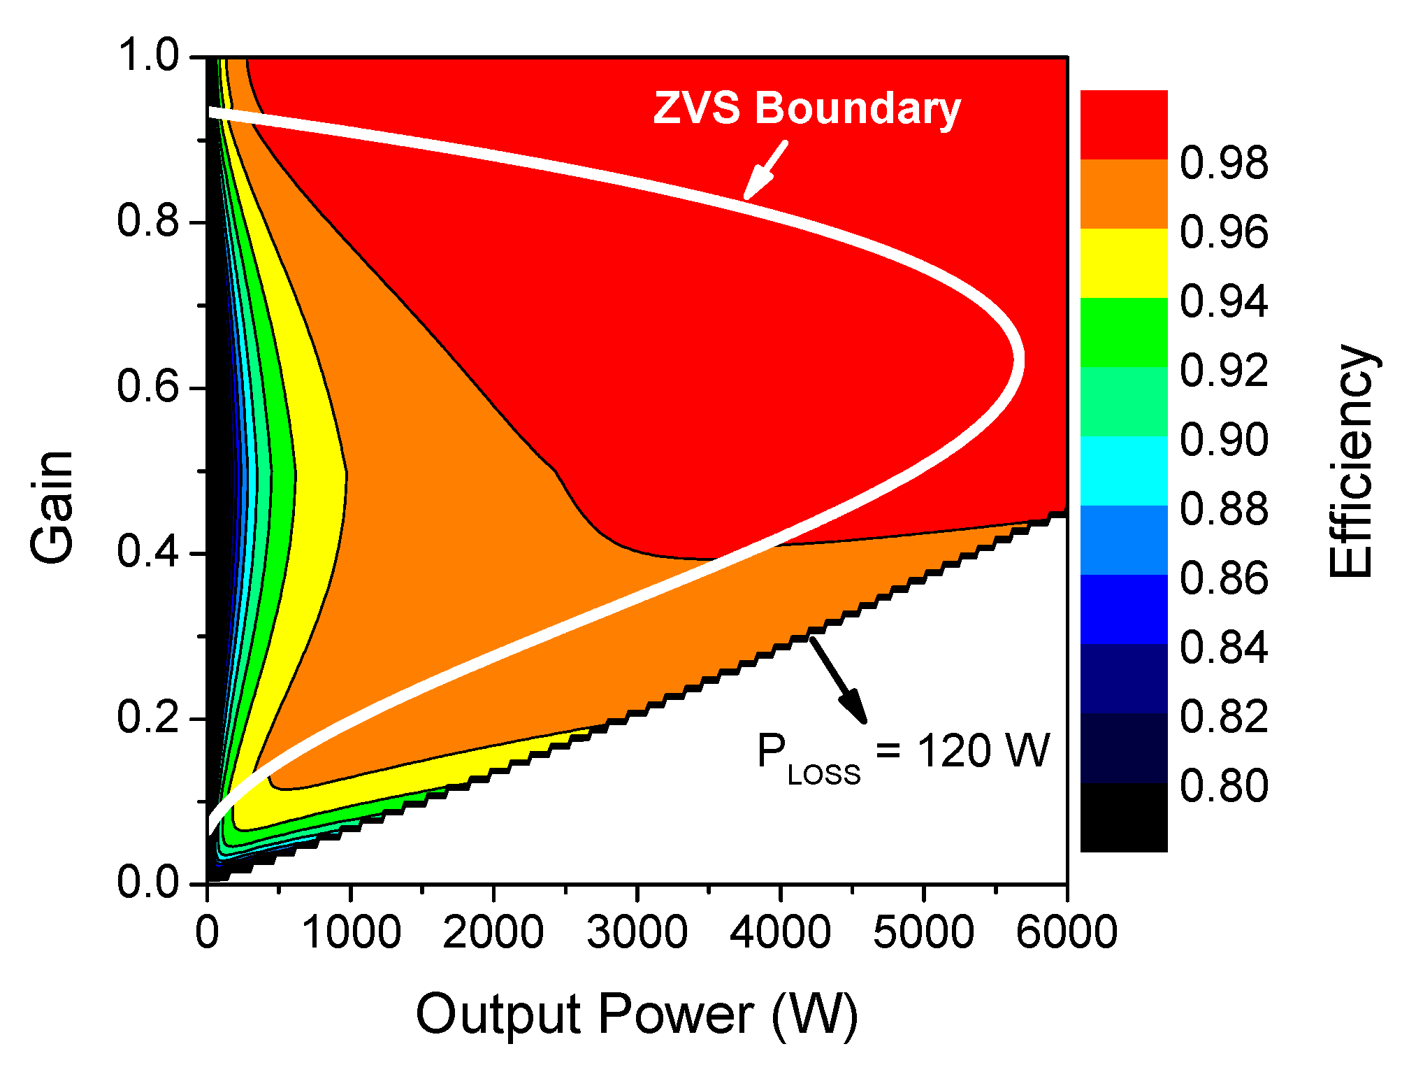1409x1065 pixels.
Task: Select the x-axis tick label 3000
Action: click(x=637, y=933)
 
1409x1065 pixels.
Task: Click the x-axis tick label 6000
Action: click(x=1066, y=933)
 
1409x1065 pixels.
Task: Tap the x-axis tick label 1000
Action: click(x=351, y=933)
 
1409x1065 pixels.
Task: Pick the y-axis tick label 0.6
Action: click(x=148, y=386)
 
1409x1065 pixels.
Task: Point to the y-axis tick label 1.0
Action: click(x=148, y=55)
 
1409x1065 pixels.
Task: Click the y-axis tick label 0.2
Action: click(x=148, y=717)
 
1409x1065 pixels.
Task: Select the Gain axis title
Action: click(x=52, y=507)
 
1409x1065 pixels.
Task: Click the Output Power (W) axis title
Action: click(x=637, y=1015)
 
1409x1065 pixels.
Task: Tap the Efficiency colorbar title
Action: click(x=1350, y=462)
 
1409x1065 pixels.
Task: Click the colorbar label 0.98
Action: click(x=1224, y=163)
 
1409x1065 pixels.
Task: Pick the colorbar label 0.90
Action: click(x=1224, y=440)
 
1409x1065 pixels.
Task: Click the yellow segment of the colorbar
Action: click(x=1124, y=263)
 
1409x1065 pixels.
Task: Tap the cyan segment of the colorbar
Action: click(x=1124, y=471)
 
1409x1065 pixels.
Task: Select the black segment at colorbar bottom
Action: click(x=1124, y=817)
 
